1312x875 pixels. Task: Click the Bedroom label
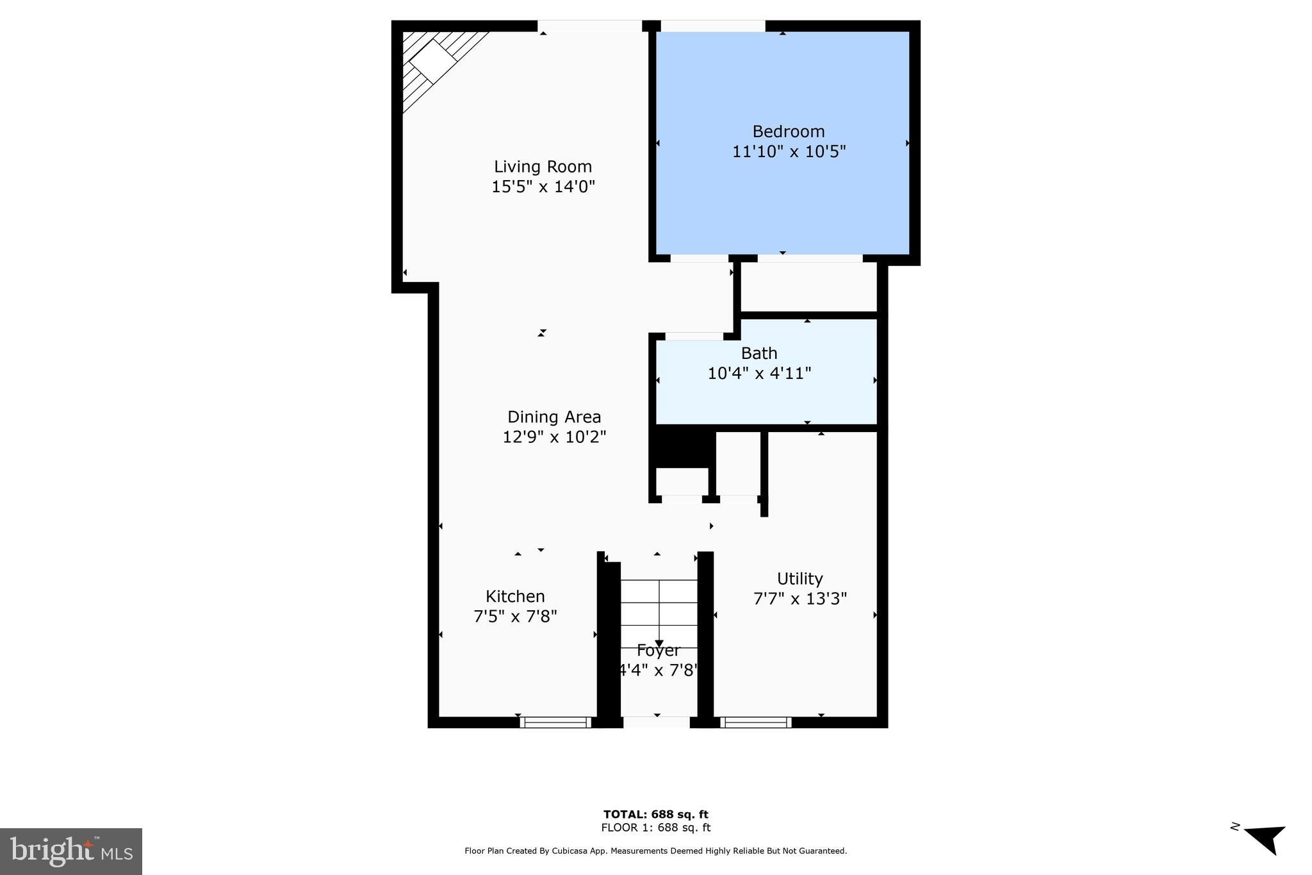click(788, 131)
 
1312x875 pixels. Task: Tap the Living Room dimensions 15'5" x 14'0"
click(543, 187)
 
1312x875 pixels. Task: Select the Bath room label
click(759, 353)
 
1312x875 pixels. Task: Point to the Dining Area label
click(554, 417)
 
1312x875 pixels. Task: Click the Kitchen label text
click(515, 596)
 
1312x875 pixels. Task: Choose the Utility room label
click(799, 579)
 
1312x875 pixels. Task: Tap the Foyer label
click(658, 651)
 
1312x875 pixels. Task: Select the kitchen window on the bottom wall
click(555, 722)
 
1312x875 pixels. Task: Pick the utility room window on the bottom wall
click(756, 722)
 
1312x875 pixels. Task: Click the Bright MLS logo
click(71, 851)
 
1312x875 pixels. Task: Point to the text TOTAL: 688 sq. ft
click(655, 814)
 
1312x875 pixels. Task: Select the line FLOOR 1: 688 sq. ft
click(655, 828)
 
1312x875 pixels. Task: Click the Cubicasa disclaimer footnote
click(655, 851)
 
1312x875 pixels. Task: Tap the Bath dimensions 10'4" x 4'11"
click(759, 373)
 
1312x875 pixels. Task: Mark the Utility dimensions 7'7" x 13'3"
click(799, 599)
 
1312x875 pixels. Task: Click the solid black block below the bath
click(683, 447)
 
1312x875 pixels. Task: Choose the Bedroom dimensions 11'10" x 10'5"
click(789, 152)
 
